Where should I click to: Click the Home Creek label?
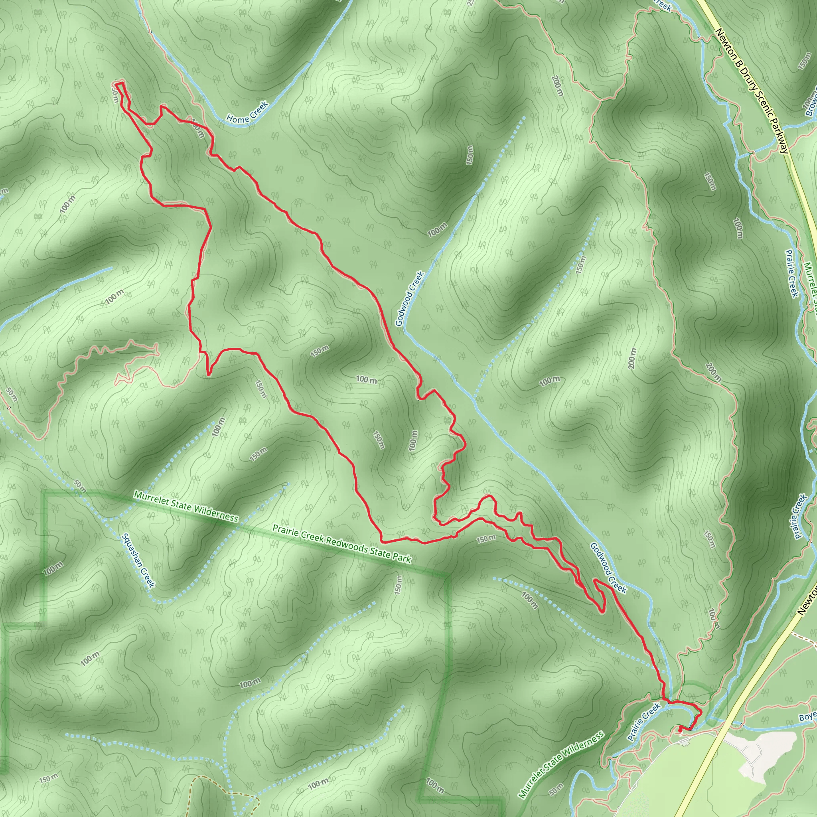click(247, 112)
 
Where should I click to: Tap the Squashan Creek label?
click(138, 560)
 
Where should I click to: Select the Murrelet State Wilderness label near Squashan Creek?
click(186, 506)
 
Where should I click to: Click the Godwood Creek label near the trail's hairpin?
click(608, 568)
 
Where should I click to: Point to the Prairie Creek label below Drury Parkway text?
click(791, 273)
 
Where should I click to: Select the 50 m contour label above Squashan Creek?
click(79, 486)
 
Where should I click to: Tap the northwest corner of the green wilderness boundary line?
click(44, 493)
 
